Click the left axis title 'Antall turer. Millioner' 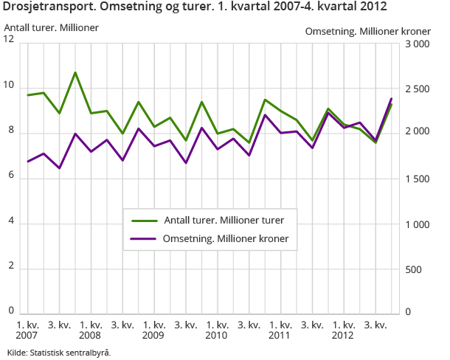(x=52, y=28)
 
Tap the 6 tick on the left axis (x=11, y=176)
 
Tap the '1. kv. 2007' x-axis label (x=27, y=330)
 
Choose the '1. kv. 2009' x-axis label (x=153, y=330)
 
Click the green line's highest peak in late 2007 (x=75, y=72)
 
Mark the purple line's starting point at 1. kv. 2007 (x=27, y=162)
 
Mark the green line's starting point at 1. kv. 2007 (x=27, y=95)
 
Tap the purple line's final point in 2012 (x=391, y=98)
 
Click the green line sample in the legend (x=145, y=220)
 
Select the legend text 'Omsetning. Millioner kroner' (x=226, y=238)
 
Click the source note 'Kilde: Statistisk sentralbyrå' (x=59, y=352)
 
